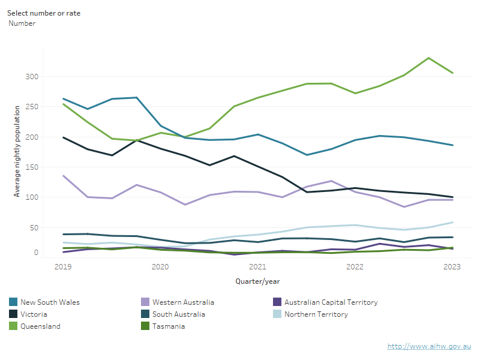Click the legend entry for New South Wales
(x=50, y=302)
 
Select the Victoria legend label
(x=34, y=314)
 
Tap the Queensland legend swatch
(x=13, y=326)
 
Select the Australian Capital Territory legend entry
(x=331, y=302)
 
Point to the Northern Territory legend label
(x=316, y=314)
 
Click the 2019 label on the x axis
(x=62, y=267)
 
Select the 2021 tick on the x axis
(x=257, y=267)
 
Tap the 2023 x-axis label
(x=452, y=267)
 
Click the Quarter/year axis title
(x=257, y=281)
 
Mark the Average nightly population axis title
(x=17, y=151)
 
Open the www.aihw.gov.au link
(x=429, y=346)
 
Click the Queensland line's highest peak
(x=428, y=58)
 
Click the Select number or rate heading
(x=44, y=13)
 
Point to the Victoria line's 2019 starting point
(x=63, y=137)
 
